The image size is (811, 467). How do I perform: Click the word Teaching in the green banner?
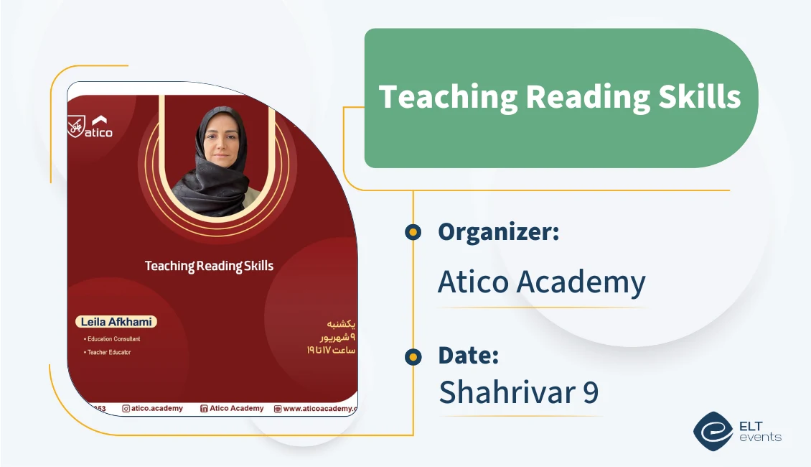click(436, 97)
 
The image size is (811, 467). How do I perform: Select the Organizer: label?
click(498, 232)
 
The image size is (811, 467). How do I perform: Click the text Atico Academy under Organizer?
click(541, 282)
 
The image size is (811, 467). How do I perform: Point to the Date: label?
click(468, 356)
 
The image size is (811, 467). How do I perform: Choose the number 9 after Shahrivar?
click(591, 392)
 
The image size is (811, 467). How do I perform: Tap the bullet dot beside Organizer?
click(413, 232)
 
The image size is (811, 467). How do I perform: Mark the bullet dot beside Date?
click(413, 356)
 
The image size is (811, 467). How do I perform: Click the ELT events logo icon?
click(713, 430)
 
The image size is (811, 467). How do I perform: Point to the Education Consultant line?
click(113, 338)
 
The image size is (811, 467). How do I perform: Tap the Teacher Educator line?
click(108, 352)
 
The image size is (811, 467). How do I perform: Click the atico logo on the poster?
click(90, 127)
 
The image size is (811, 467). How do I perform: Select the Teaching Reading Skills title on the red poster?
click(209, 266)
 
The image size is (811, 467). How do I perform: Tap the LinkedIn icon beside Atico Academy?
click(204, 409)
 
